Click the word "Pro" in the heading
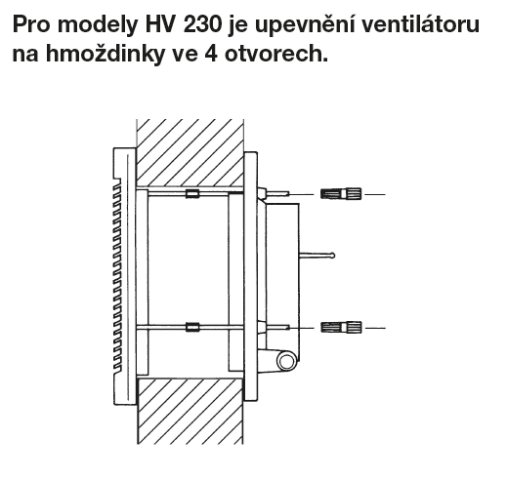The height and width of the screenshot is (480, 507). pos(31,24)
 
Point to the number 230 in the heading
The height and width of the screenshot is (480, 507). pos(202,24)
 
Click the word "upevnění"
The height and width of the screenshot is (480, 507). pos(305,25)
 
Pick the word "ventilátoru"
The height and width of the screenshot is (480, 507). pos(420,23)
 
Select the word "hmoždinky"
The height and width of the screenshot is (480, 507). pos(106,53)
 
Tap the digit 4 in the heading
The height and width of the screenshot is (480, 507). pos(211,53)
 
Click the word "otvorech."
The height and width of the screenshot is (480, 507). pos(276,53)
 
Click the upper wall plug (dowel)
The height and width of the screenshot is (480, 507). pos(341,194)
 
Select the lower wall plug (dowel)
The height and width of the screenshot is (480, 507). pos(341,327)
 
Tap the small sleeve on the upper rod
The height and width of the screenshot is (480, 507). pos(192,193)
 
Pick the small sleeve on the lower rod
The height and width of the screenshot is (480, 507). pos(192,327)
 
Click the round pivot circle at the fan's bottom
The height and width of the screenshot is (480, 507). pos(286,361)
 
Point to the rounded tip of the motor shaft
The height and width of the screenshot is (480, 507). pos(332,256)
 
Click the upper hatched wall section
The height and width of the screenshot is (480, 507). pos(190,153)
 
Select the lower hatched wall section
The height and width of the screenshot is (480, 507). pos(190,411)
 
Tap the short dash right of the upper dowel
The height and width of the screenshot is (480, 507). pos(375,194)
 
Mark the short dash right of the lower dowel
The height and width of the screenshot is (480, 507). pos(375,328)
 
